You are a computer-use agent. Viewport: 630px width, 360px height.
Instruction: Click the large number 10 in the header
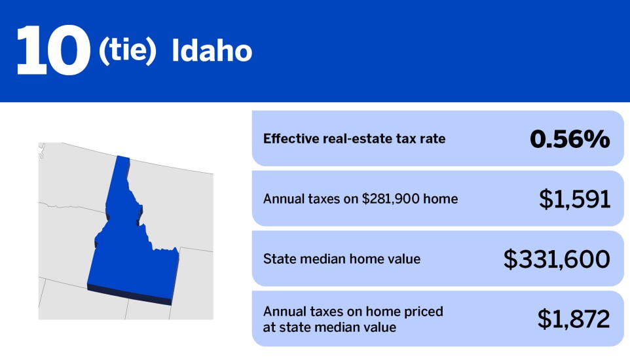click(52, 51)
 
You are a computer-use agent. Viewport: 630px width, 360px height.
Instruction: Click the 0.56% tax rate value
click(569, 139)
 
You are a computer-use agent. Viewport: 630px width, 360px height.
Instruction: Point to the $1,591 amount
click(574, 199)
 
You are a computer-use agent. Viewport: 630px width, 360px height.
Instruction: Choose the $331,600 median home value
click(557, 259)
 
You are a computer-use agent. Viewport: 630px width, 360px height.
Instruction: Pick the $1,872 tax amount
click(574, 319)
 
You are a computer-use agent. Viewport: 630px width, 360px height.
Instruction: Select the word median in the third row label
click(325, 259)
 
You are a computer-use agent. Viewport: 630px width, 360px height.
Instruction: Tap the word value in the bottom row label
click(379, 327)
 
